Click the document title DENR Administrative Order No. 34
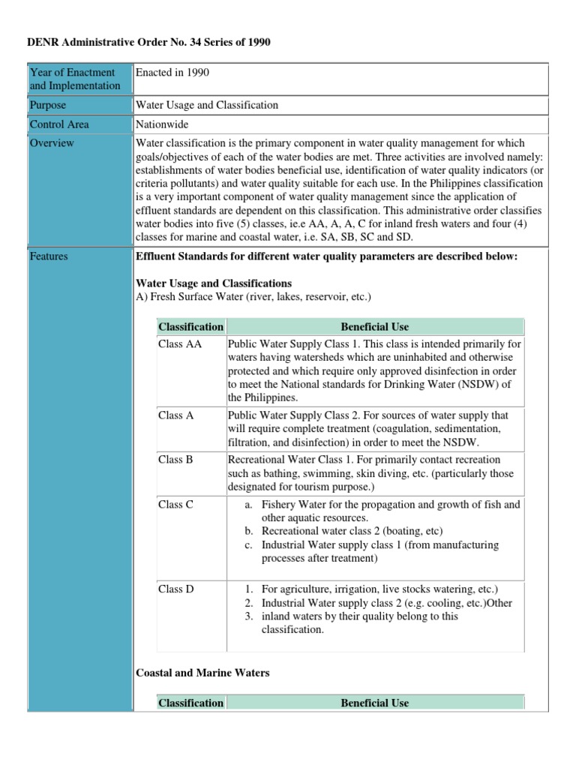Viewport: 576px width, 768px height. pyautogui.click(x=149, y=43)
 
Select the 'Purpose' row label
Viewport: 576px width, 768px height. pyautogui.click(x=48, y=106)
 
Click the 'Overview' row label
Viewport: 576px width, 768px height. pyautogui.click(x=52, y=143)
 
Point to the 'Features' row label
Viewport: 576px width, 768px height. pyautogui.click(x=49, y=256)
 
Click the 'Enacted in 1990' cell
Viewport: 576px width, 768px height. pyautogui.click(x=172, y=73)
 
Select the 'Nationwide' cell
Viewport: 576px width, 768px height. pyautogui.click(x=162, y=124)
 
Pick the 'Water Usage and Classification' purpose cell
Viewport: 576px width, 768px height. pyautogui.click(x=206, y=106)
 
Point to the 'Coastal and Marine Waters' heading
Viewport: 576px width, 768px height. pyautogui.click(x=202, y=673)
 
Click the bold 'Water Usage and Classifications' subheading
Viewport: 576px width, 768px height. pyautogui.click(x=213, y=283)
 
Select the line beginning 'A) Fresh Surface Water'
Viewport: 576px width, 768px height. pyautogui.click(x=253, y=297)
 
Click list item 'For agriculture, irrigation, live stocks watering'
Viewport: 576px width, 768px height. pyautogui.click(x=379, y=589)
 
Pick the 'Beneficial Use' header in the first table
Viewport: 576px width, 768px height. pyautogui.click(x=374, y=327)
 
